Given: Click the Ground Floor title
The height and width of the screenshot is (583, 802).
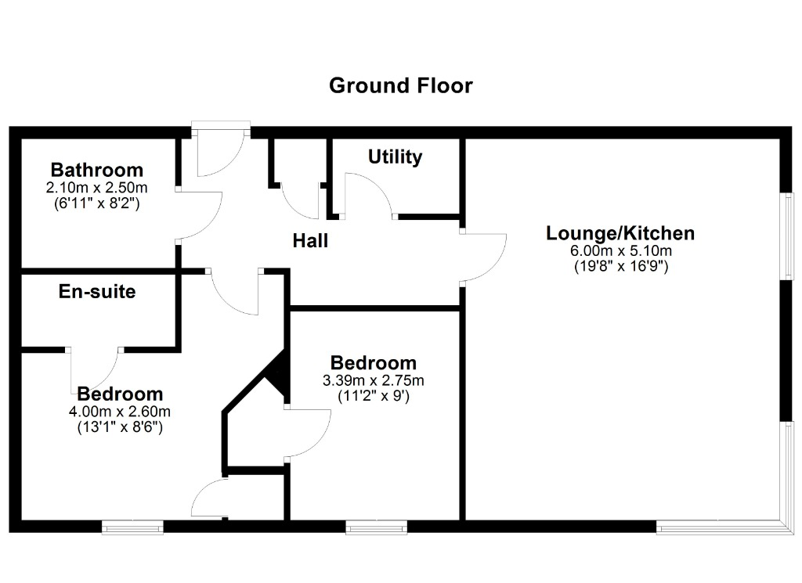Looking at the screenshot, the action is click(x=400, y=86).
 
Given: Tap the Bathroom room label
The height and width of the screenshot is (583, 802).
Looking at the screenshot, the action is click(x=96, y=170).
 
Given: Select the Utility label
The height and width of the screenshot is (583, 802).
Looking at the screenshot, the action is click(x=395, y=157).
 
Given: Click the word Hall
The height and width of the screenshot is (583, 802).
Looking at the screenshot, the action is click(x=310, y=241).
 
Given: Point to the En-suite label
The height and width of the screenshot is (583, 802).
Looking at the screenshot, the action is click(x=97, y=291).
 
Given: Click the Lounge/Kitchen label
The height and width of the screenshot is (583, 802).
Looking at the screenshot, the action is click(x=620, y=233).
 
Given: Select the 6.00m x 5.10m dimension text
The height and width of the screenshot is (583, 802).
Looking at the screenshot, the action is click(x=621, y=251).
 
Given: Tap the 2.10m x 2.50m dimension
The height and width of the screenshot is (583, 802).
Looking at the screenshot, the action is click(x=96, y=188).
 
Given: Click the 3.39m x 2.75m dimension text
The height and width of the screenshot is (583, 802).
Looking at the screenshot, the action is click(x=374, y=380).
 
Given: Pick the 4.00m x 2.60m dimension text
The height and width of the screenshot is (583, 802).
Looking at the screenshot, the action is click(x=120, y=412).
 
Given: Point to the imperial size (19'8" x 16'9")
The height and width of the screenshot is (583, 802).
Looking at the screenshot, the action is click(x=621, y=266).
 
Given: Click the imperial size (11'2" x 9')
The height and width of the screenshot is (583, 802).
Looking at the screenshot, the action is click(x=374, y=396).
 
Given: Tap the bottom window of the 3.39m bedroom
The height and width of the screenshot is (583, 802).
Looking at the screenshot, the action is click(x=377, y=527).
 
